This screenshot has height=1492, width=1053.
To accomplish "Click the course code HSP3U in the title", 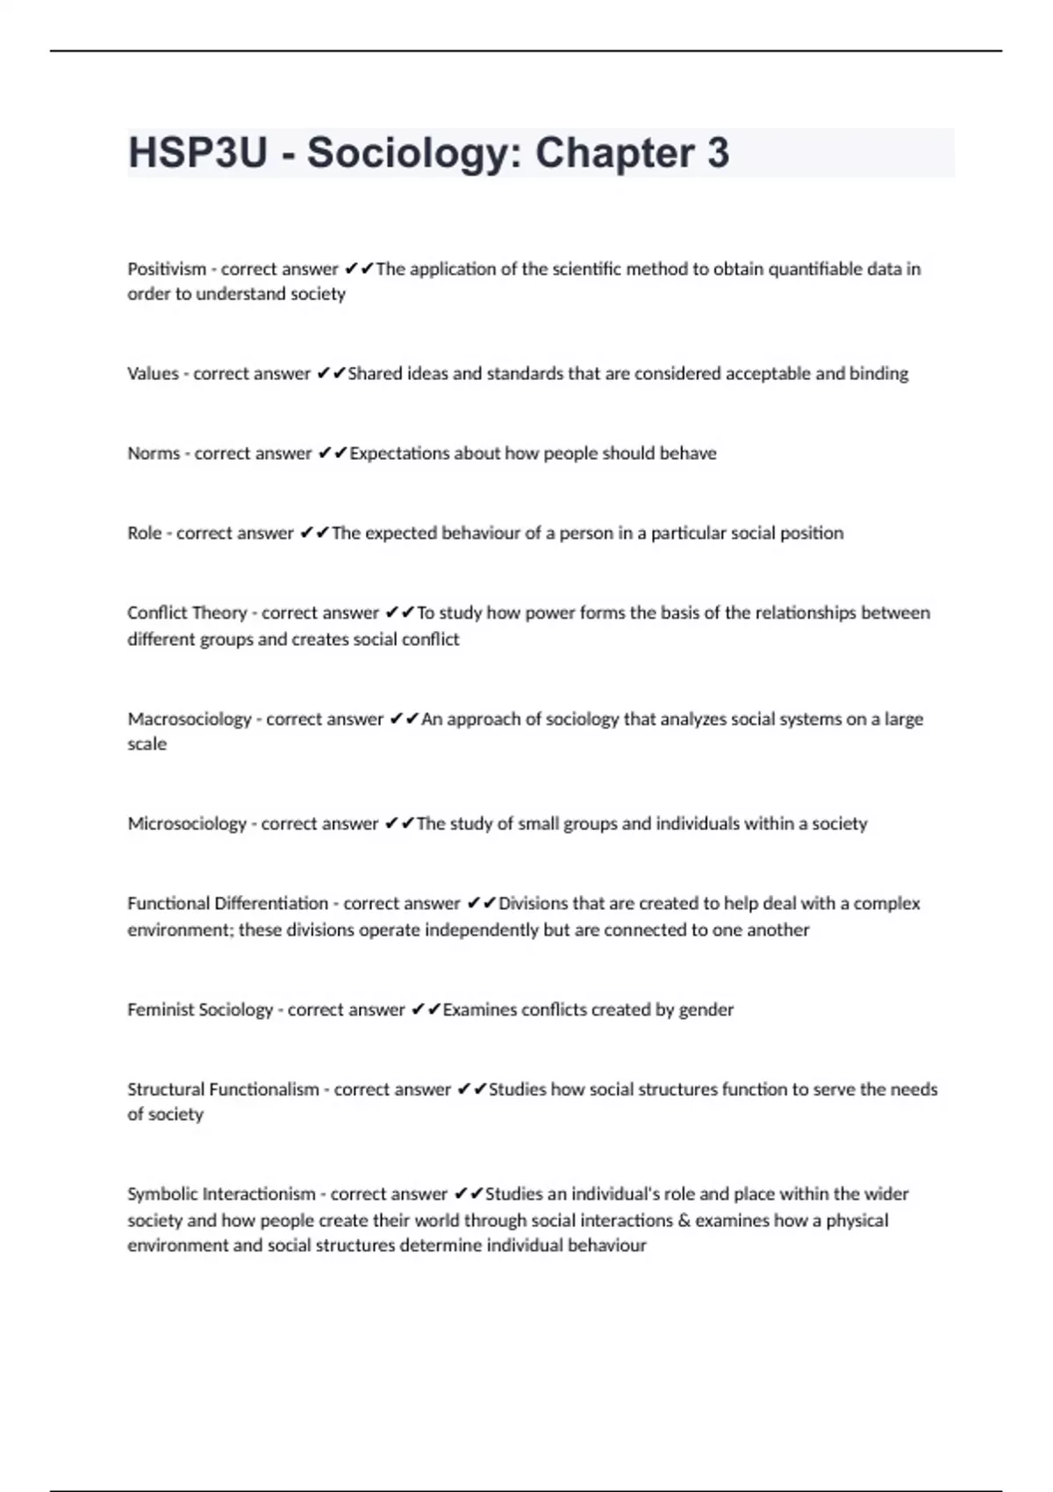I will [197, 154].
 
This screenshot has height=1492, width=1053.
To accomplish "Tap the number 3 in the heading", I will [718, 154].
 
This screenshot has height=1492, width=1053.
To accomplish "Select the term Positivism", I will [167, 269].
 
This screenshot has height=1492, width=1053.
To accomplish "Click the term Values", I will [153, 374].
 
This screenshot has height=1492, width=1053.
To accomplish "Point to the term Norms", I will [154, 454].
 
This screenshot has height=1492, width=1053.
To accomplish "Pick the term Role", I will [144, 534].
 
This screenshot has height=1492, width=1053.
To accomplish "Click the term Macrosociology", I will [190, 720].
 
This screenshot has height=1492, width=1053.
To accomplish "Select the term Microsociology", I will [187, 824].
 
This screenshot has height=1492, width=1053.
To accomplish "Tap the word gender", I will [706, 1010].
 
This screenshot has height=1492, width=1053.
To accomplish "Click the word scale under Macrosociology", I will [147, 744].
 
